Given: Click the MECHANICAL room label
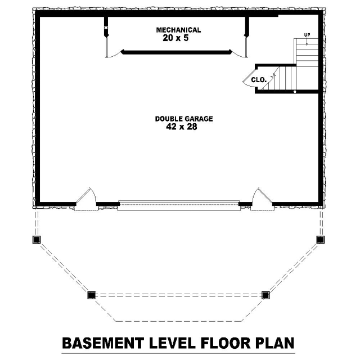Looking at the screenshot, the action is coord(178,30).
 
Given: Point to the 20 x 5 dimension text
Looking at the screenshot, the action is coord(175,38).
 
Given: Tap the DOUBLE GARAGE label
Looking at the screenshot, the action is coord(184,119).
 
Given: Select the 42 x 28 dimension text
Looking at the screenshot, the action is coord(181,127).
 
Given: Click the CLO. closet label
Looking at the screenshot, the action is coord(259,80).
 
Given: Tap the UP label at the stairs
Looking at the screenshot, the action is coord(307,35).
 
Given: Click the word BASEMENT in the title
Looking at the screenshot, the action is coord(103,343).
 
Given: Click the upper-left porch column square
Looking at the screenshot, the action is coord(36,240).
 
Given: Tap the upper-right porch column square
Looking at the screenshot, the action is coord(320,240).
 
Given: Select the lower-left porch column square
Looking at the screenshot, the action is coord(91,295).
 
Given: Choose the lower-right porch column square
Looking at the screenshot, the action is coord(265,295).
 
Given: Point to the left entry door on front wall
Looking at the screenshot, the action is coord(86,196).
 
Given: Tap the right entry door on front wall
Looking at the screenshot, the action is coord(262,196).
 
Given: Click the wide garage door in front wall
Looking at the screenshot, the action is coord(179,205).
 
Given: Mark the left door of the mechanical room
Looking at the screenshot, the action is coord(112,48).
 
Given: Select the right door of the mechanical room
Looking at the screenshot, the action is coord(240,48).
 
